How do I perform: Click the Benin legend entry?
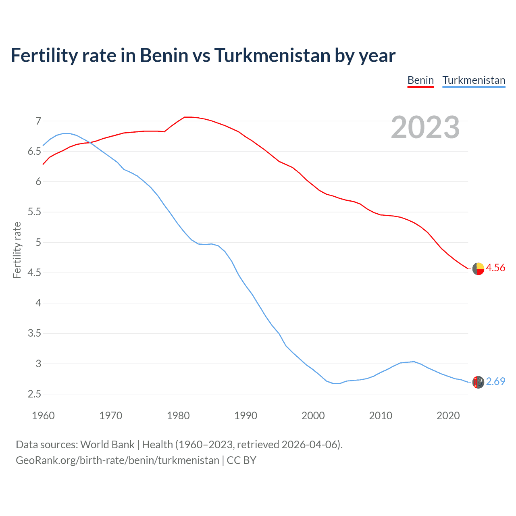pos(420,80)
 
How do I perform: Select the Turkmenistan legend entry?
pos(474,80)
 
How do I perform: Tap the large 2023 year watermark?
pos(425,127)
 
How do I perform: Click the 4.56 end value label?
pos(495,268)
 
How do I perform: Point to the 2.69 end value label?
pos(495,382)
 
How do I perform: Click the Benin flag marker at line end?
pos(478,268)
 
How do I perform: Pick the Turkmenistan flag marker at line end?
pos(478,382)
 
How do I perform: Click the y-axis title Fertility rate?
pos(17,250)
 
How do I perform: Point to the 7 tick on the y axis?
pos(38,121)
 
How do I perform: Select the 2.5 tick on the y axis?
pos(35,394)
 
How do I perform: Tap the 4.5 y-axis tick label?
pos(35,273)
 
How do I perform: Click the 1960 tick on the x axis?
pos(43,416)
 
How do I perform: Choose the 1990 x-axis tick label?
pos(246,416)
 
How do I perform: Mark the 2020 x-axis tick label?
pos(448,416)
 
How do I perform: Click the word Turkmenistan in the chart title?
pos(272,56)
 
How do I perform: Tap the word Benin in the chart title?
pos(164,56)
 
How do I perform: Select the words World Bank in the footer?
pos(107,445)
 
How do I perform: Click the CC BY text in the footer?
pos(241,460)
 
